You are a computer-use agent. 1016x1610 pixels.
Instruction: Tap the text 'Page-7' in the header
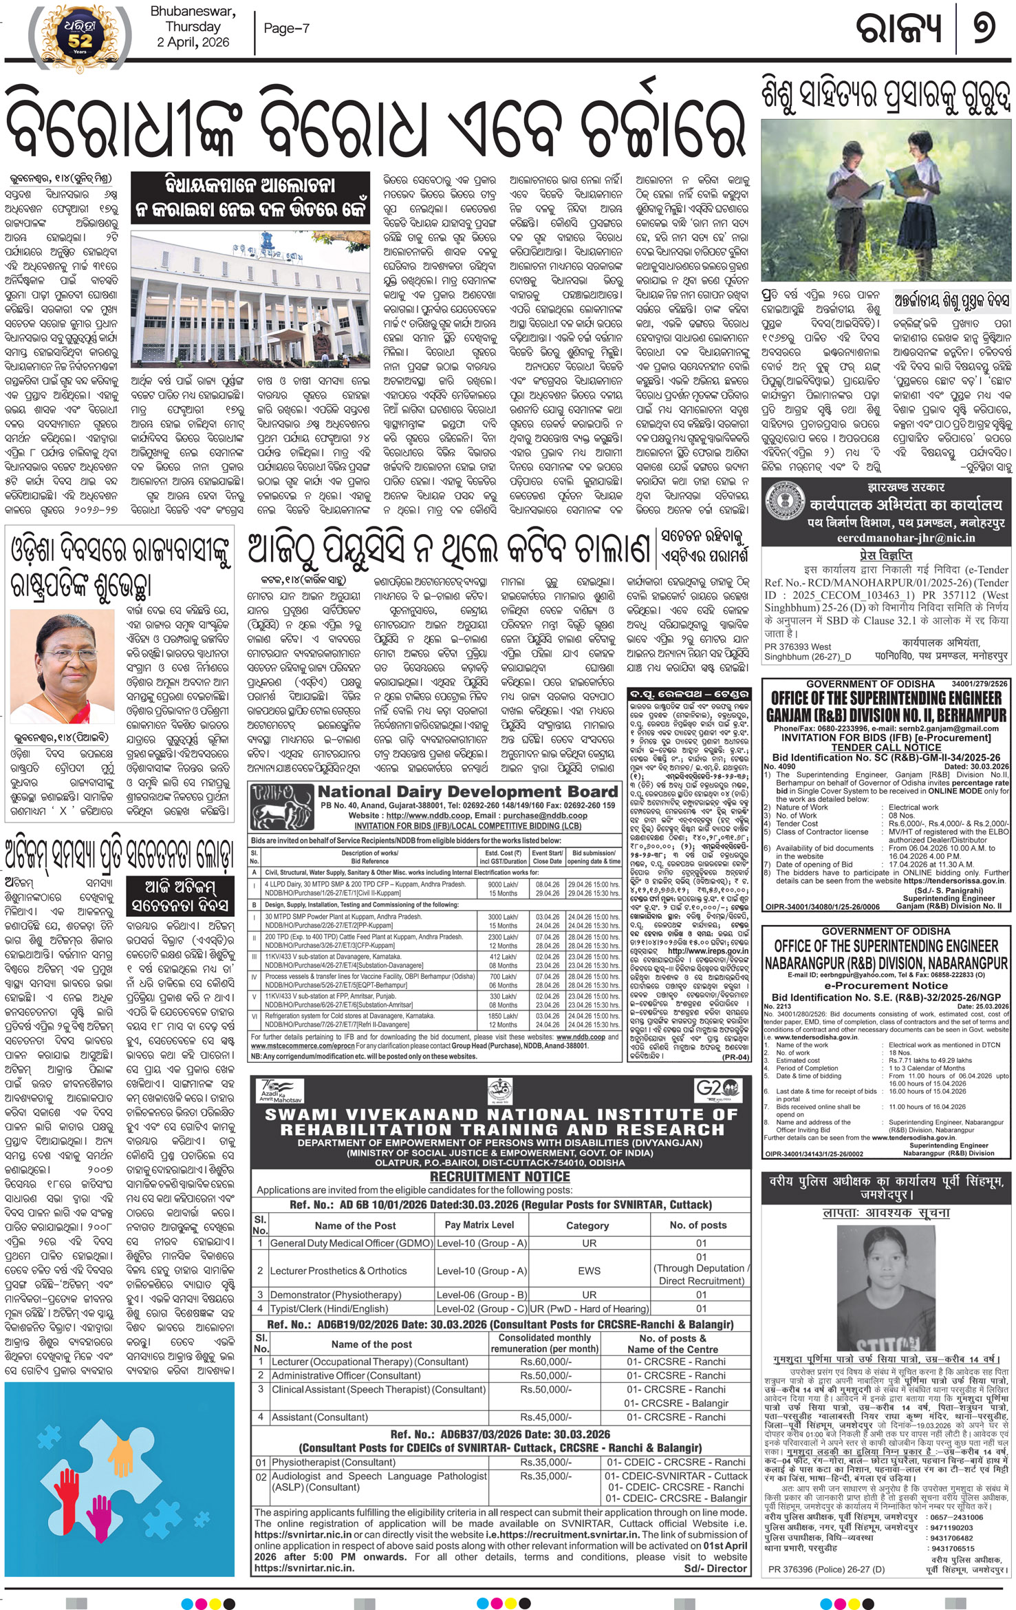point(286,28)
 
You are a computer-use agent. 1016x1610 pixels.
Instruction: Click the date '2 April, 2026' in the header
point(193,42)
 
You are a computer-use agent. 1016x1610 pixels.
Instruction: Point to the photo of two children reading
point(885,200)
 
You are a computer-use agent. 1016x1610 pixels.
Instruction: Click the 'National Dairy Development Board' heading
point(467,792)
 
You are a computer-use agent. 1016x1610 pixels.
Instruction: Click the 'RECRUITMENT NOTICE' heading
point(500,1176)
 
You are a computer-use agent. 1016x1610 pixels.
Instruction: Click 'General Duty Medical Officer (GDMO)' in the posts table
point(351,1243)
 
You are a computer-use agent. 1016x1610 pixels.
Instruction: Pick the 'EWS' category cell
point(589,1271)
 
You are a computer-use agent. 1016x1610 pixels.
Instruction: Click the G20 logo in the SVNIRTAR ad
point(717,1088)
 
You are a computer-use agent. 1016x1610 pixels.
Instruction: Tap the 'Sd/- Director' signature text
point(715,1568)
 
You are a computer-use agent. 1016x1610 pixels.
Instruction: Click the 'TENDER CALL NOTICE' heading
point(886,748)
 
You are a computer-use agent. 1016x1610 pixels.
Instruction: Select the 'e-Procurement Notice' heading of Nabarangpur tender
point(885,985)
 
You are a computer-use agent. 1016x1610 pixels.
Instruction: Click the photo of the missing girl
point(886,1287)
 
